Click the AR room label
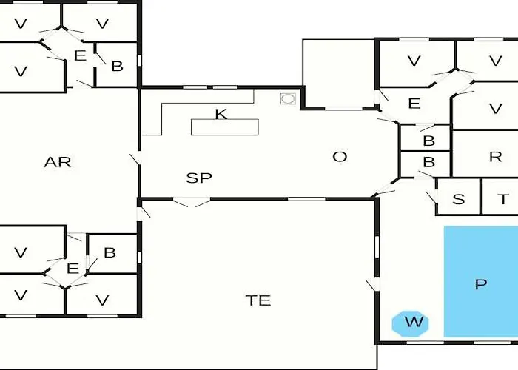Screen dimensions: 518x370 [x=58, y=162]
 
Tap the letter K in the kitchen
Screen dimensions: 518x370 [x=221, y=114]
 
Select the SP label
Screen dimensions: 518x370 [x=199, y=178]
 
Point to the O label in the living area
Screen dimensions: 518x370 [x=340, y=157]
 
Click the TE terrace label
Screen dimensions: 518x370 [x=258, y=300]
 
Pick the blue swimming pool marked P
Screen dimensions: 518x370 [x=481, y=281]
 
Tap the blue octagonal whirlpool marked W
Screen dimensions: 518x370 [x=410, y=324]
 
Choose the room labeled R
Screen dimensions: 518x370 [x=485, y=154]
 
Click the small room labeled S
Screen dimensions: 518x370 [x=458, y=197]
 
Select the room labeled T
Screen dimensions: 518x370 [x=500, y=197]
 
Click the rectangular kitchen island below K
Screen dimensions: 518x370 [x=225, y=127]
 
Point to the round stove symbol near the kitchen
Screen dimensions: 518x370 [x=288, y=98]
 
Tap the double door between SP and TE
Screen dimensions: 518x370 [x=192, y=201]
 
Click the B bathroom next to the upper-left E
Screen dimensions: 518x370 [x=117, y=64]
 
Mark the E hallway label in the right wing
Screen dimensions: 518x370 [x=414, y=104]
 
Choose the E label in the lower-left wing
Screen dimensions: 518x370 [x=73, y=269]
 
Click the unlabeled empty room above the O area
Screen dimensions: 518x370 [x=338, y=73]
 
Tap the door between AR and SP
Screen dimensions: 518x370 [x=136, y=159]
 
